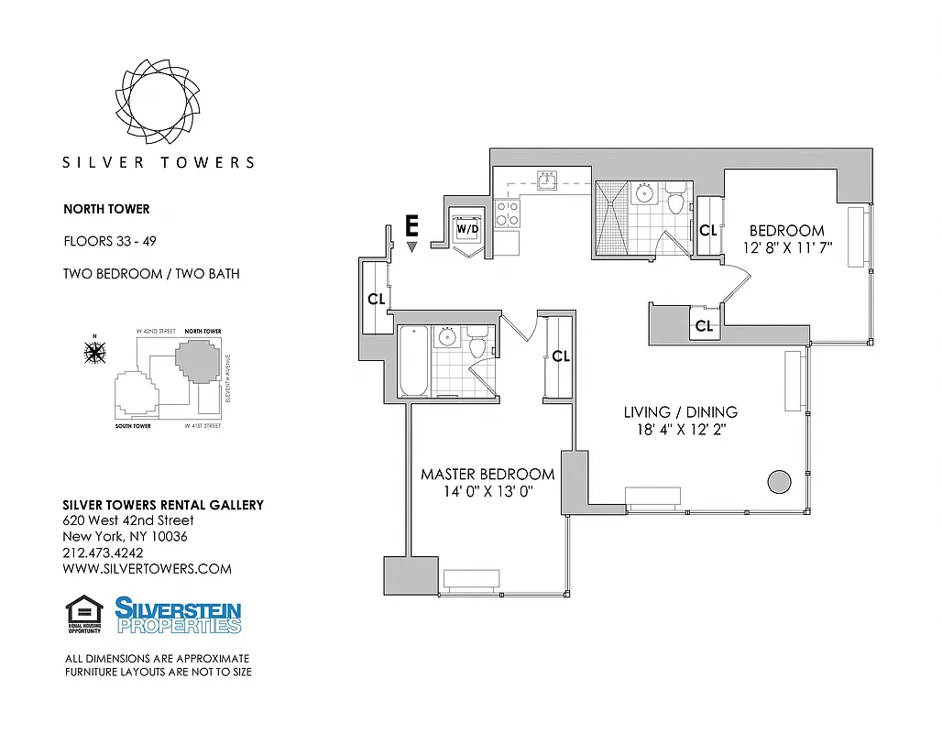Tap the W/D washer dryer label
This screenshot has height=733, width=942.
click(467, 227)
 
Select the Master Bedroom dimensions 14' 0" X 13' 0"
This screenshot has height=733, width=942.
click(487, 492)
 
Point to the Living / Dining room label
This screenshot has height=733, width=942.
click(680, 412)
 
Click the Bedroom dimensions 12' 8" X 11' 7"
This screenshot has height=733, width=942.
click(786, 248)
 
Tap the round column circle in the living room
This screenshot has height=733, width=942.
click(779, 481)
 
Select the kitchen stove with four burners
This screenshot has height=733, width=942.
click(508, 213)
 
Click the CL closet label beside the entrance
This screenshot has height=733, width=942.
click(377, 299)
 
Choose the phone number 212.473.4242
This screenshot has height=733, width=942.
click(103, 552)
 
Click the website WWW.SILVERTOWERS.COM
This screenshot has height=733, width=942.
click(147, 568)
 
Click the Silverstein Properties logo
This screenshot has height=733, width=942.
click(178, 615)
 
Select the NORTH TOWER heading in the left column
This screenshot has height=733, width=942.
click(106, 209)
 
